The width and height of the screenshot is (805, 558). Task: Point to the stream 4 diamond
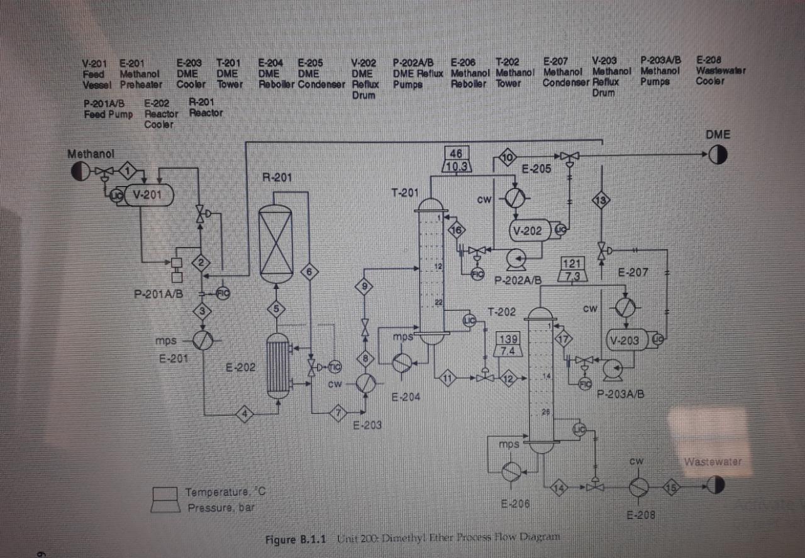point(245,414)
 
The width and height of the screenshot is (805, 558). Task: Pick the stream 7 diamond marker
point(338,412)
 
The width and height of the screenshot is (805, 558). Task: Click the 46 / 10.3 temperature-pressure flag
point(457,160)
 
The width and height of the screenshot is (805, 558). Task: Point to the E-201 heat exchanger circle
point(203,340)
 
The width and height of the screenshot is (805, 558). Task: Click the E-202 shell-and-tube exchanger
point(277,366)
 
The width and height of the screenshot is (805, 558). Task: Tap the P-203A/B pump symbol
point(611,369)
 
